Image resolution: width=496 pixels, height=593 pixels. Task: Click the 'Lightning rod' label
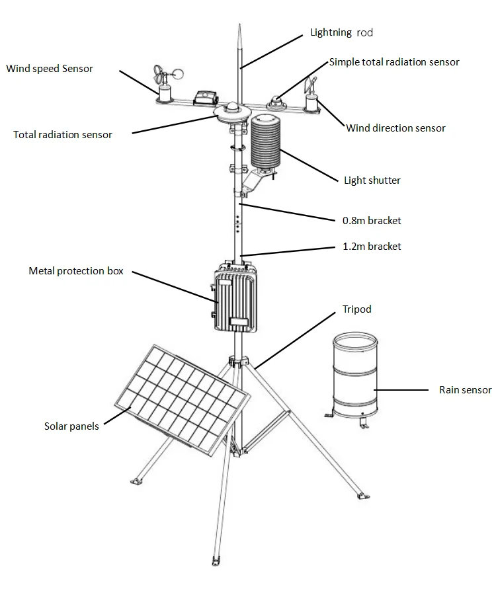click(342, 32)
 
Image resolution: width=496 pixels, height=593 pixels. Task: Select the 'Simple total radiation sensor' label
click(394, 62)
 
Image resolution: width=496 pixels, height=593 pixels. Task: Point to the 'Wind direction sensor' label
click(395, 128)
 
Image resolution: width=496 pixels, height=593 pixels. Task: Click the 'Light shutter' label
click(372, 180)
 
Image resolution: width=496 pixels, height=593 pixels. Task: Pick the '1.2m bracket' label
click(372, 246)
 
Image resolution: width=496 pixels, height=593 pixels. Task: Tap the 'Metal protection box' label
click(76, 271)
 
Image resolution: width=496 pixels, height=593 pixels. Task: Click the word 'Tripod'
click(356, 309)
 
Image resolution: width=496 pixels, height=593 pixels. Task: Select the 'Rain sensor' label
click(465, 390)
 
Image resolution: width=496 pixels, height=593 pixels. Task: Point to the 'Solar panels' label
click(71, 426)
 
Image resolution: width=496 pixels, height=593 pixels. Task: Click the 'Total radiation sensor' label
click(63, 135)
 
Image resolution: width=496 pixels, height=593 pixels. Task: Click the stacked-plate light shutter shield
click(267, 141)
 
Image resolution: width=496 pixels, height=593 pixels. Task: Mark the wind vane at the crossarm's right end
click(310, 93)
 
